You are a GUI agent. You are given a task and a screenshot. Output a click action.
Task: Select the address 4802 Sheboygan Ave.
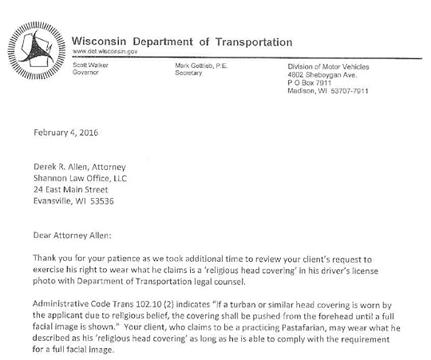click(x=322, y=73)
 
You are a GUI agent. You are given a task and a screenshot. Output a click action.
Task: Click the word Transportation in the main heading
click(x=246, y=42)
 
